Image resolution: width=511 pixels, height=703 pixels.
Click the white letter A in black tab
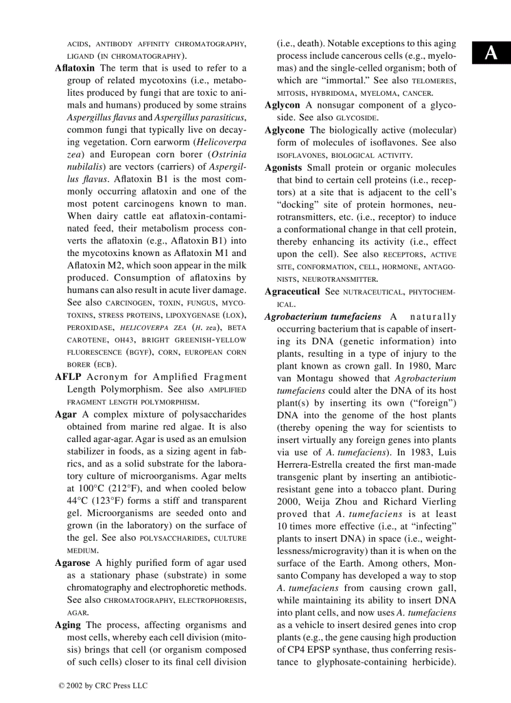[x=492, y=54]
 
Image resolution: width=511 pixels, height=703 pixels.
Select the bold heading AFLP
[x=68, y=377]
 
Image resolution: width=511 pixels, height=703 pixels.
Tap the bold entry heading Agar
[x=66, y=414]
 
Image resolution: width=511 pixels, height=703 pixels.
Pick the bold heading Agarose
[x=73, y=563]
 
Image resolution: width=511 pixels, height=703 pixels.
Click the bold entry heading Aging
[x=68, y=625]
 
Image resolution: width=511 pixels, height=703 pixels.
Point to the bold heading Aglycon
[x=282, y=105]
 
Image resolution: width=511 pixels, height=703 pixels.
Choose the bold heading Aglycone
[x=284, y=130]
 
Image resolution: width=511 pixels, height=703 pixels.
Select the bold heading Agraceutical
[x=292, y=292]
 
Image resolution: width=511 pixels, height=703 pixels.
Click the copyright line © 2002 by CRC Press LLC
[x=103, y=685]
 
